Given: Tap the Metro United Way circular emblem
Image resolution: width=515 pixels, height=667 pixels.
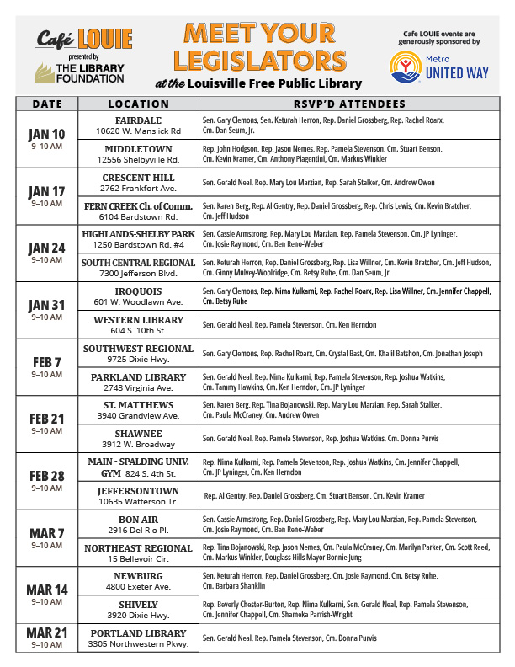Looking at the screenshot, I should coord(403,67).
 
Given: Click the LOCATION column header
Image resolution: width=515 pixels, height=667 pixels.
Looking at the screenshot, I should coord(139,104).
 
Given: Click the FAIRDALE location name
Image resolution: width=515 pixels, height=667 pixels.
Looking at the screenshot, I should coord(138,120).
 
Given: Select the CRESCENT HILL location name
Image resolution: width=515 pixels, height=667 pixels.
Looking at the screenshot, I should coord(138,178).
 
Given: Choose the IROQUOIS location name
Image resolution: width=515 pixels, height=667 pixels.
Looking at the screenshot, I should coord(138,291).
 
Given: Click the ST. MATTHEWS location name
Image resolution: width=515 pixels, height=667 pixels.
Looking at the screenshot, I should coord(138,405).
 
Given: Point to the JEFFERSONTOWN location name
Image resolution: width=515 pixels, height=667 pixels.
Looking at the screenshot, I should coord(138,491).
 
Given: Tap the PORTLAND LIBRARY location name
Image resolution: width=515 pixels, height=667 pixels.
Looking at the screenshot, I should coord(138,633).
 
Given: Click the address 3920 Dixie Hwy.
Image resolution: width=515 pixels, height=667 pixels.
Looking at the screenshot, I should coord(138,616).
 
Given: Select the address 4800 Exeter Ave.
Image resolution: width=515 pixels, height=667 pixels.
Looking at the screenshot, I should coord(138,587).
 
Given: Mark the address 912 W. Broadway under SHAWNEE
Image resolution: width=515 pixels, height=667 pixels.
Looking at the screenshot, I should coord(138,445).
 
